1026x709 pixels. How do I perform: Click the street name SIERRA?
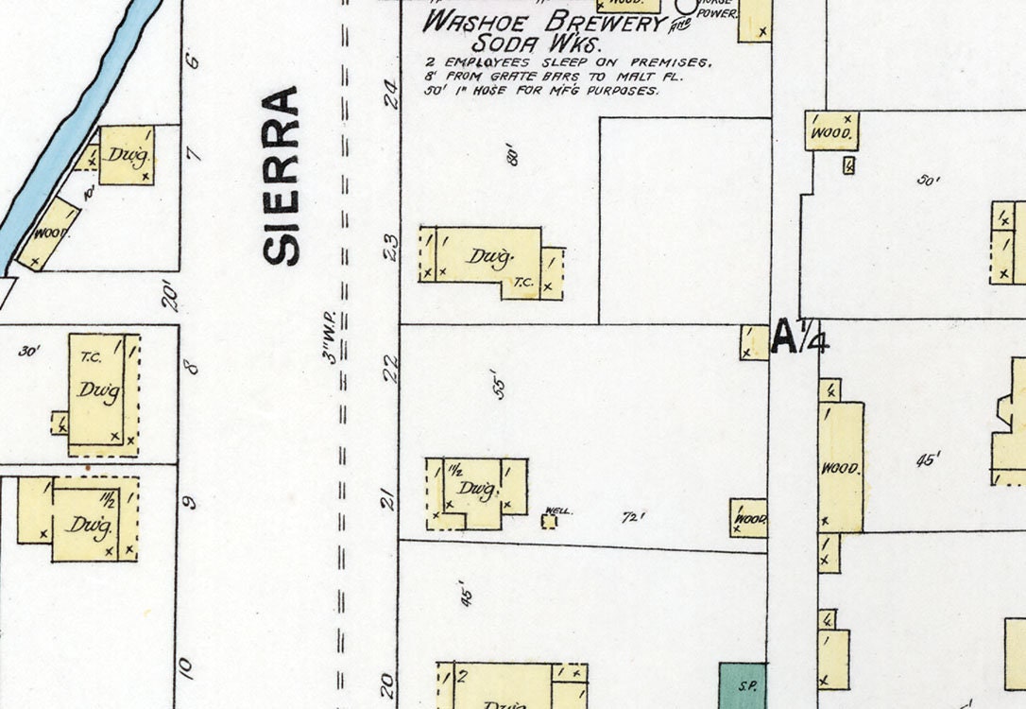point(282,176)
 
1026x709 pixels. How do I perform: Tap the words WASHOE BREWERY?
point(543,22)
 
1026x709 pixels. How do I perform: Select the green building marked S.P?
point(743,685)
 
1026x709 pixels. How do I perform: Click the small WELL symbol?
point(549,520)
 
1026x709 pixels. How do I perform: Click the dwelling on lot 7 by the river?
point(126,155)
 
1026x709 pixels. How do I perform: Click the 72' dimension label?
point(633,518)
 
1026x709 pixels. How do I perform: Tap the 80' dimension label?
point(514,154)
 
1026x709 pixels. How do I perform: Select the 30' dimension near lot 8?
point(29,352)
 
